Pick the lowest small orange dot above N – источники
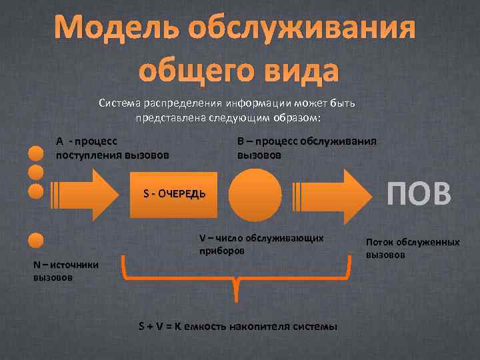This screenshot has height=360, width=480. pos(36,240)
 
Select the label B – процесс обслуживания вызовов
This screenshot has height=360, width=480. pos(306,148)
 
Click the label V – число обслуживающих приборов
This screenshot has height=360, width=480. pos(261,245)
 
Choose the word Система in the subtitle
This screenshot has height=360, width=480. pos(120,104)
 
